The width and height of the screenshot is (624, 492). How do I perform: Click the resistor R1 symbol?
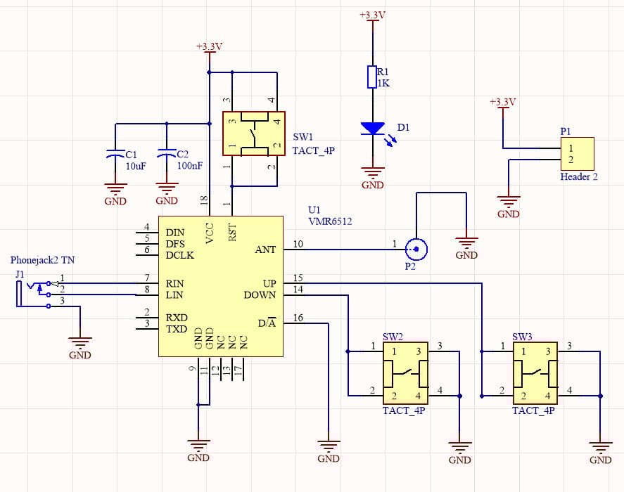(372, 77)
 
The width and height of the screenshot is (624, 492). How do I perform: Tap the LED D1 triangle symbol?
(372, 129)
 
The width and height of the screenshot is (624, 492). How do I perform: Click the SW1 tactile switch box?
(253, 134)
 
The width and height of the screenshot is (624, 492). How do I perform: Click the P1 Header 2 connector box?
(577, 154)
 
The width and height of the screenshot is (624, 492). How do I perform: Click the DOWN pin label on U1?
(260, 295)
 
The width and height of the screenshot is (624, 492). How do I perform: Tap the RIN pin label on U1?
(174, 284)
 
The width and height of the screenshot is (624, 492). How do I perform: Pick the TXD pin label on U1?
(176, 329)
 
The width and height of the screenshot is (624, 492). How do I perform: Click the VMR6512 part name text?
(331, 221)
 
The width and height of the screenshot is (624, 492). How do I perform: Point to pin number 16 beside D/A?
(298, 318)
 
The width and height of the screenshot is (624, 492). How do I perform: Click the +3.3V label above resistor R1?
(372, 15)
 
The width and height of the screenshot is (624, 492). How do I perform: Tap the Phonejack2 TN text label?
(43, 260)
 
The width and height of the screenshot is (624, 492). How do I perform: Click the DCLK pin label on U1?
(179, 255)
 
